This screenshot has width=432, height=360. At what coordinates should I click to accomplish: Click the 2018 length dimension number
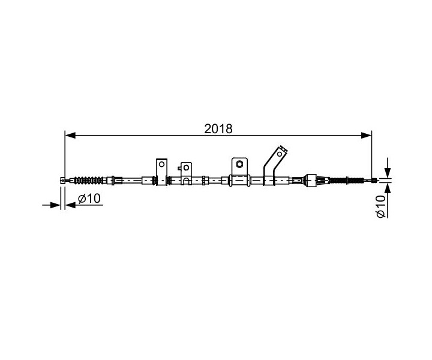point(218,128)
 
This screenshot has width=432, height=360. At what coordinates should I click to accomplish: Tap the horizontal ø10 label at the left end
point(89,199)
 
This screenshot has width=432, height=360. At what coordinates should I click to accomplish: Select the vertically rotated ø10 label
point(381,206)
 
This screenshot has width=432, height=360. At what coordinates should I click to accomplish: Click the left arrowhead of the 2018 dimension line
point(70,135)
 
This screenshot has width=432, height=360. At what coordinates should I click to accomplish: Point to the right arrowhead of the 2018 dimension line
point(366,135)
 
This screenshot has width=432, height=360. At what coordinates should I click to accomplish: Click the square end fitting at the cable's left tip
point(63,181)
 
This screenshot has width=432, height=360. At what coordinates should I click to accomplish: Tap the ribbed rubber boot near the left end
point(90,181)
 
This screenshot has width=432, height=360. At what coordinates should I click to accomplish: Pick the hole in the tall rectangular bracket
point(162,164)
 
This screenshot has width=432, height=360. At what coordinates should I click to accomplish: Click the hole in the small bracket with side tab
point(186,167)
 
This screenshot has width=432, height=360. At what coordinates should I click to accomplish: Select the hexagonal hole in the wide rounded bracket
point(239,164)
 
